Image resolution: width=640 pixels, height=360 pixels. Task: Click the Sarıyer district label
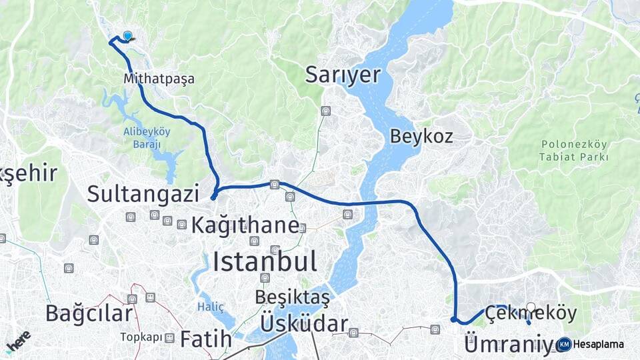[343, 75]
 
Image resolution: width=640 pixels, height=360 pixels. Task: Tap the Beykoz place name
[421, 136]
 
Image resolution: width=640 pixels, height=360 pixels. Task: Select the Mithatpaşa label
[159, 79]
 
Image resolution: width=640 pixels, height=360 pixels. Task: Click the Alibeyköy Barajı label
[147, 137]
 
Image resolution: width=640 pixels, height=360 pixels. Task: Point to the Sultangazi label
[143, 194]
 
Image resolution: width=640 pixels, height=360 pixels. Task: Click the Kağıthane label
[245, 225]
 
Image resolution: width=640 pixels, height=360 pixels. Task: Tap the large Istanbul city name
[265, 261]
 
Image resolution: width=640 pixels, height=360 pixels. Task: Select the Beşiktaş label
[292, 297]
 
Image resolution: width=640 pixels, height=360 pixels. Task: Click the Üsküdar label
[303, 325]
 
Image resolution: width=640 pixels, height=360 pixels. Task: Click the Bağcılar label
[89, 312]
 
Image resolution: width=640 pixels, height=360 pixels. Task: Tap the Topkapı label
[141, 337]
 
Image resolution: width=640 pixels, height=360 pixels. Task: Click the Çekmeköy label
[531, 312]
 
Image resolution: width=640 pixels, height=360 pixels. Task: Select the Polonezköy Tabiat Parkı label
[574, 151]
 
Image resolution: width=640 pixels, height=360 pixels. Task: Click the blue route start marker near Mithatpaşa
[127, 37]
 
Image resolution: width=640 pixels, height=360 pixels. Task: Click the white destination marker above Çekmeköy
[531, 307]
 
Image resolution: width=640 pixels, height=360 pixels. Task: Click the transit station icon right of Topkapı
[170, 338]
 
